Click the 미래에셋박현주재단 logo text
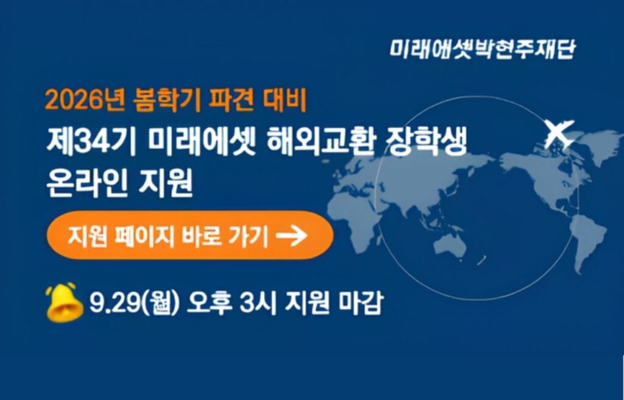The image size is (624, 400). [482, 49]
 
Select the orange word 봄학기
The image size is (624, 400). [167, 100]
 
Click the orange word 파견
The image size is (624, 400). [232, 100]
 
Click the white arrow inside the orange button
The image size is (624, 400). [292, 235]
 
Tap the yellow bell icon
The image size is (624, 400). [65, 302]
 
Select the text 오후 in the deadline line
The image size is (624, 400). [210, 303]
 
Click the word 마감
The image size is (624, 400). [360, 303]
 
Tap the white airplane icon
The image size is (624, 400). [559, 133]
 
